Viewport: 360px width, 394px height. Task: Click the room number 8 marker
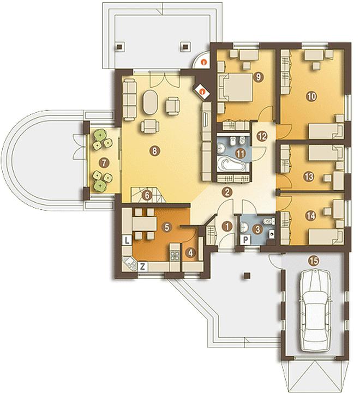(154, 151)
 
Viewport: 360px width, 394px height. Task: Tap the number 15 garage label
(314, 261)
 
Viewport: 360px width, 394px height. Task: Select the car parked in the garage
(315, 310)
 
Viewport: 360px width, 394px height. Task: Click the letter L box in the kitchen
(127, 240)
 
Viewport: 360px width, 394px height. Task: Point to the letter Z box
(142, 266)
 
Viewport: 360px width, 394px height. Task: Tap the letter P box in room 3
(245, 240)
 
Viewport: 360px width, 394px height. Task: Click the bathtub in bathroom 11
(231, 164)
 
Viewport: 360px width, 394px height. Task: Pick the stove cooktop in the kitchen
(175, 256)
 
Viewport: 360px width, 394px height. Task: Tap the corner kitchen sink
(130, 264)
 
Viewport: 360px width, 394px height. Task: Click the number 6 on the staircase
(147, 195)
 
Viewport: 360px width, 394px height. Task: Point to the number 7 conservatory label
(104, 163)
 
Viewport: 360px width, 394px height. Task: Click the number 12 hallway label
(262, 136)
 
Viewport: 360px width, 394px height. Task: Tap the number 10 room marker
(311, 96)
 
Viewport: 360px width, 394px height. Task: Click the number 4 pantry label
(190, 252)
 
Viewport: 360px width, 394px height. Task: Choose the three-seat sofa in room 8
(129, 99)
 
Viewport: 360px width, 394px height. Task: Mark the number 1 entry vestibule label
(227, 227)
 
